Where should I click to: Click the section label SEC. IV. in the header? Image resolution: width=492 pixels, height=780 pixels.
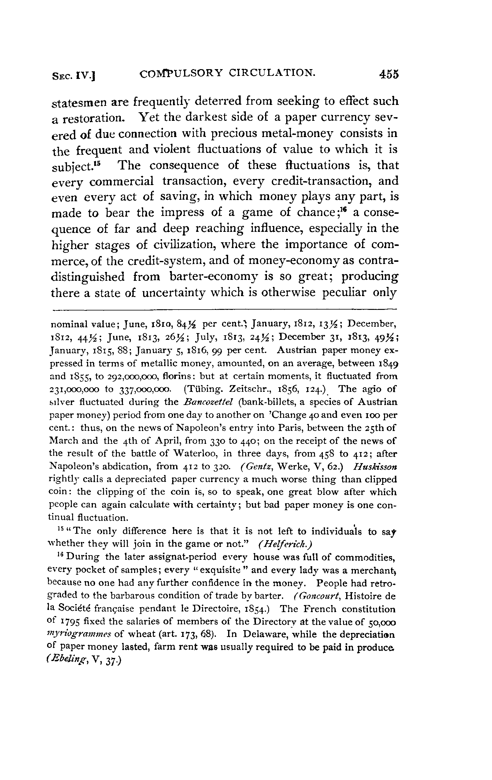click(75, 76)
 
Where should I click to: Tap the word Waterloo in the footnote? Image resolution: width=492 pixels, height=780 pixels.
click(191, 454)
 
